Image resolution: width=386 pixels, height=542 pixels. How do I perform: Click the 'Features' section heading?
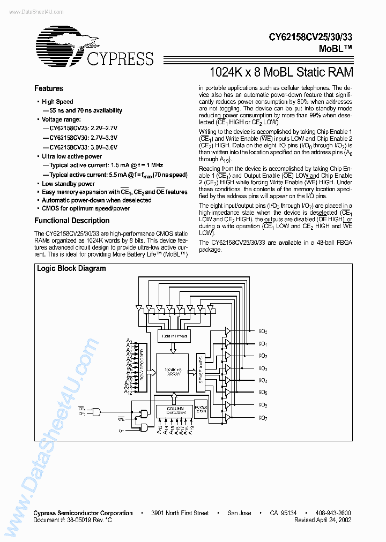tap(49, 89)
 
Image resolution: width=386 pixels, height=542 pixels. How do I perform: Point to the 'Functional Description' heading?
tap(72, 221)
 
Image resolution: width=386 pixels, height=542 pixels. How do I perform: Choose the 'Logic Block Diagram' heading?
tap(71, 269)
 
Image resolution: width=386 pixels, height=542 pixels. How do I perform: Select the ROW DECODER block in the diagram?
tap(142, 366)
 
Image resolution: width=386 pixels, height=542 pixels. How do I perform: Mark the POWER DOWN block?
tap(201, 409)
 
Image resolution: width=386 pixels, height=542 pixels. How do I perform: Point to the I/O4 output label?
tap(263, 380)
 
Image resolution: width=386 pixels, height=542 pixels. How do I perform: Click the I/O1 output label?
tap(263, 344)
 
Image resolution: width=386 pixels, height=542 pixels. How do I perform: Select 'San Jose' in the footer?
tap(239, 513)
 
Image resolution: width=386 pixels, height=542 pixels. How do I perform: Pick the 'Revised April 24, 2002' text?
tap(323, 520)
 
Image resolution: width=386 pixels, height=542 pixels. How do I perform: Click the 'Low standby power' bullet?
tap(68, 184)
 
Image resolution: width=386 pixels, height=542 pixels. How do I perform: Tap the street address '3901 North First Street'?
tap(180, 513)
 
